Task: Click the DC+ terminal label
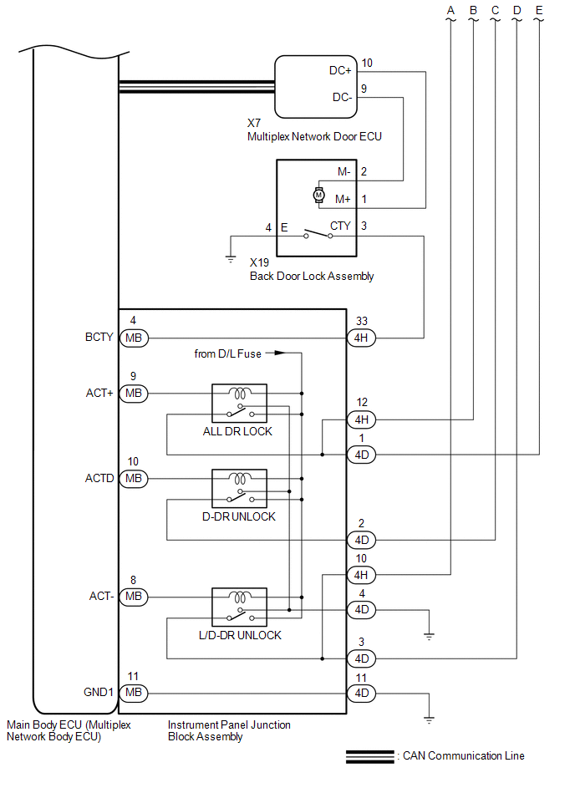tap(340, 71)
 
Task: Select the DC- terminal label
tap(342, 97)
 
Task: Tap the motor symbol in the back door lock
tap(318, 195)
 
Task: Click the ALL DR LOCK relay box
tap(239, 403)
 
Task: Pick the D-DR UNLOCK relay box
tap(239, 489)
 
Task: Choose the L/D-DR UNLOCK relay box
tap(239, 607)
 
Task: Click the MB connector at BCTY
tap(134, 338)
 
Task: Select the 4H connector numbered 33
tap(362, 338)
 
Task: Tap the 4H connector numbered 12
tap(362, 419)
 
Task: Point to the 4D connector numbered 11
tap(362, 693)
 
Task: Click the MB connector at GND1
tap(134, 693)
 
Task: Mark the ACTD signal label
tap(99, 479)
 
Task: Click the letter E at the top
tap(539, 11)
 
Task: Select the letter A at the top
tap(450, 11)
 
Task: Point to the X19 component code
tap(259, 262)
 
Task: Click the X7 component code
tap(254, 123)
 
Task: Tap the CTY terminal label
tap(340, 226)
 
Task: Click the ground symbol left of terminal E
tap(231, 259)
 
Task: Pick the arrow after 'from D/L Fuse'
tap(276, 353)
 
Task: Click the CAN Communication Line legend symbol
tap(369, 756)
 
